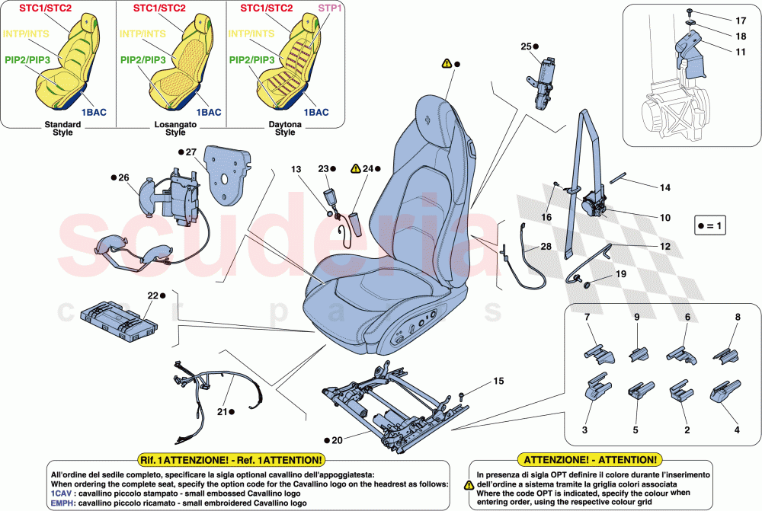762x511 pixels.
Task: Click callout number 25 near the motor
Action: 524,46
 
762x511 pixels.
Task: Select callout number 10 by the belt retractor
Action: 664,218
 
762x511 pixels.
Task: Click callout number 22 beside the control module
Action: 152,295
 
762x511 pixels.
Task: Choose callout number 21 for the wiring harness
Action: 223,412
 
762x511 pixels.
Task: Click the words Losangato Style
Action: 175,127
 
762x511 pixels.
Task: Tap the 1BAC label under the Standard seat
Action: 94,112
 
